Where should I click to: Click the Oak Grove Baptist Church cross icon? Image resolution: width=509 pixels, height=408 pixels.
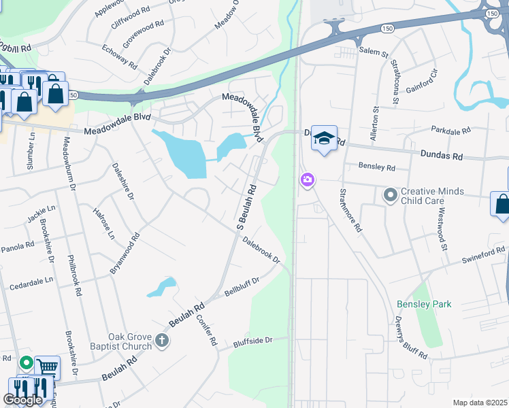tap(161, 341)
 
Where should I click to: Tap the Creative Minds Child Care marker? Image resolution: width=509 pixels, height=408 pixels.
tap(390, 196)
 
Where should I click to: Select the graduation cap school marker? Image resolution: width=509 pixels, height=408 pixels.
tap(324, 138)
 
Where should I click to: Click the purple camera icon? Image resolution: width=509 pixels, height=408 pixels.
tap(308, 180)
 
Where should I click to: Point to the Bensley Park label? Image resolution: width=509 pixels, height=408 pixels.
tap(424, 304)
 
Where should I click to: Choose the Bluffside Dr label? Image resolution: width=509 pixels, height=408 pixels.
tap(252, 341)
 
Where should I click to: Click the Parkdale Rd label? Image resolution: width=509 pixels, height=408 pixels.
tap(451, 130)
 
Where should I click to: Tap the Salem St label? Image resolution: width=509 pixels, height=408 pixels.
tap(374, 52)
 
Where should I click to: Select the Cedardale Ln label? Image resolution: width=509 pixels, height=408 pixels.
tap(31, 282)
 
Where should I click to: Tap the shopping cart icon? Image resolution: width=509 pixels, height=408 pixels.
tap(47, 367)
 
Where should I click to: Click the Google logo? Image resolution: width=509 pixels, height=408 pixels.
tap(22, 401)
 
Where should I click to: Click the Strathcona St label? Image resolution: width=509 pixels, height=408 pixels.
tap(395, 82)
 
